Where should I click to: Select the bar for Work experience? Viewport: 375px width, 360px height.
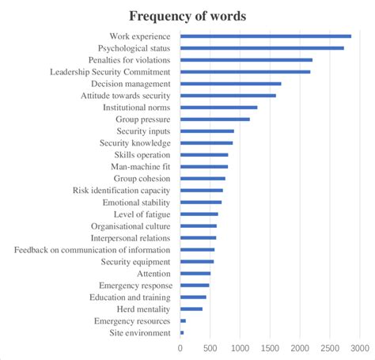point(265,36)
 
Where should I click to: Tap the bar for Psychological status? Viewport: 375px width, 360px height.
point(262,47)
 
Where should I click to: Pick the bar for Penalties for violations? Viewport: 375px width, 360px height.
point(246,59)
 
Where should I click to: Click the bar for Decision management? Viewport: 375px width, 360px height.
point(230,83)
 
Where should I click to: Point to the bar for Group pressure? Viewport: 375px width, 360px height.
point(214,119)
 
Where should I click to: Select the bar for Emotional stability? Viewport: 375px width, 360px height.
point(201,203)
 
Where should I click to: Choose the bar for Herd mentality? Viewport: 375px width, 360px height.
point(191,309)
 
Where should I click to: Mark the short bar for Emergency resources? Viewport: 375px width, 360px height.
point(183,321)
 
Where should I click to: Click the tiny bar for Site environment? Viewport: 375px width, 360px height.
point(182,333)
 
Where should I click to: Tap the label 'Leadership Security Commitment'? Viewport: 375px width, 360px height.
point(112,71)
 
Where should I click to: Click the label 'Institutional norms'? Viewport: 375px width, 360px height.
point(135,107)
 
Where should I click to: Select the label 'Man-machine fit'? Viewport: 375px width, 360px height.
point(141,166)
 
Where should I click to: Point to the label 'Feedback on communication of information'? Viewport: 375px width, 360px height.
point(92,250)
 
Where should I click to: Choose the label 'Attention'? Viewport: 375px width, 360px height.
point(153,274)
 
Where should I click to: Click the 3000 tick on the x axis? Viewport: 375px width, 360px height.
point(360,347)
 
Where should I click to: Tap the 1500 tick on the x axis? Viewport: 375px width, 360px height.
point(270,347)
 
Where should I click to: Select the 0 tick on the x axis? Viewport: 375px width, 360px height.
point(180,347)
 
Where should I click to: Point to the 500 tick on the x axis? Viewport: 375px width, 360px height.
point(210,347)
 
